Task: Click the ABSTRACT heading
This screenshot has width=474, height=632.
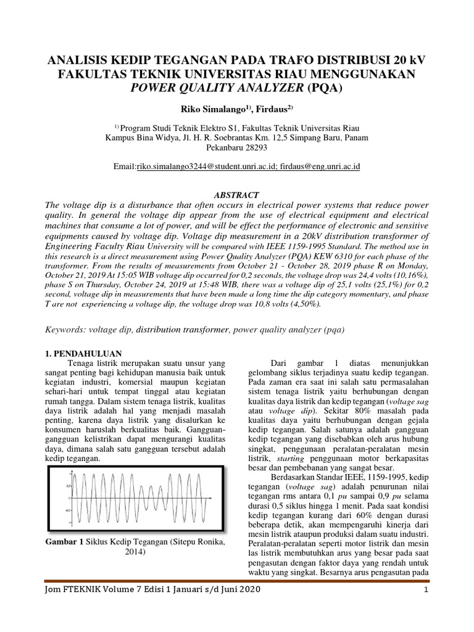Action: [x=237, y=194]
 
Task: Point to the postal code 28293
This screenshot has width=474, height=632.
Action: [x=255, y=148]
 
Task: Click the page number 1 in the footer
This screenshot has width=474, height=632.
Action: [x=425, y=591]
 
